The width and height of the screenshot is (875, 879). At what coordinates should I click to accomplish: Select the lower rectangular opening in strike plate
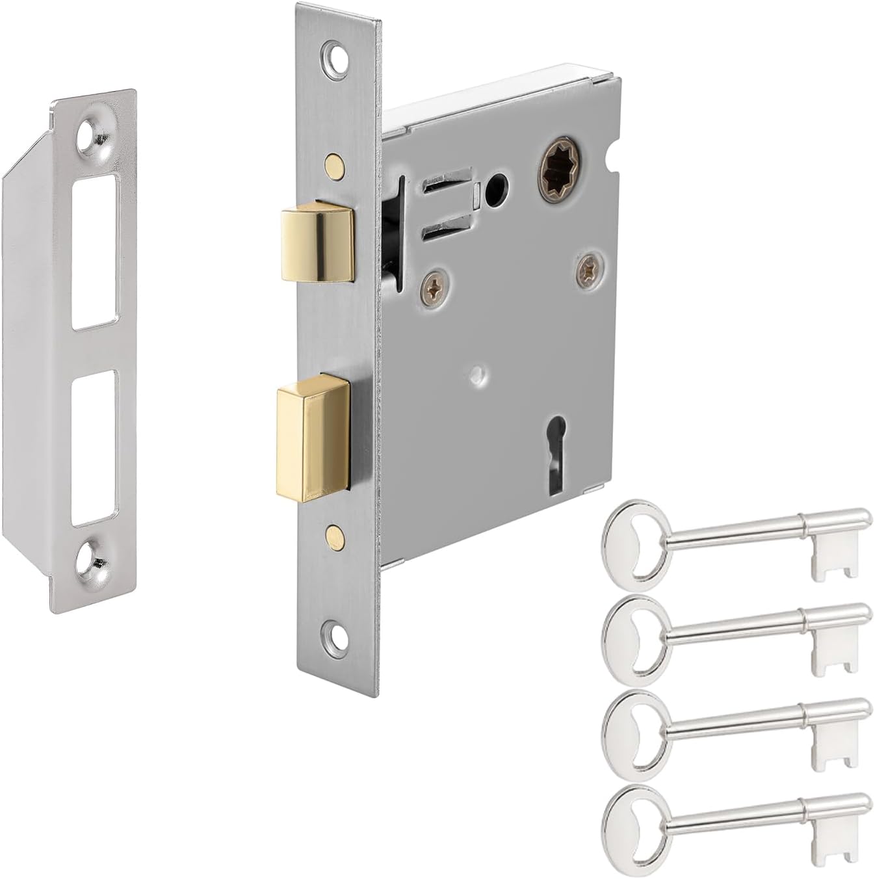(x=94, y=448)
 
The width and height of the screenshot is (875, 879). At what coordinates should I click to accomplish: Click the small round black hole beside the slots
(x=498, y=183)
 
